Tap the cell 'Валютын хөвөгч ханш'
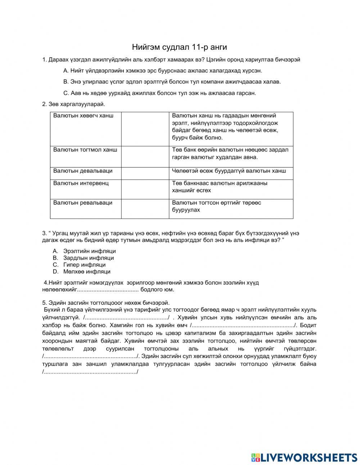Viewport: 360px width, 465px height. [x=84, y=116]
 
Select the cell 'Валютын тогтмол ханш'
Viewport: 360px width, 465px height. [x=85, y=149]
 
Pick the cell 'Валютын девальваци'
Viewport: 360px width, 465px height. [x=83, y=171]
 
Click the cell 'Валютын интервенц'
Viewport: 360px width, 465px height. [x=81, y=183]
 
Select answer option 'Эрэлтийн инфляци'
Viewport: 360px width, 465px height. [x=89, y=251]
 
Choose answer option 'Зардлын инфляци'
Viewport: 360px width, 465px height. [x=89, y=258]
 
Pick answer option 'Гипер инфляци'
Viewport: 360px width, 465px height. [x=84, y=265]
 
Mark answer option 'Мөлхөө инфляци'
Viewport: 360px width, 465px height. [x=87, y=272]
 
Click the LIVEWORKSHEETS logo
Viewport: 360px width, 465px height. [x=304, y=457]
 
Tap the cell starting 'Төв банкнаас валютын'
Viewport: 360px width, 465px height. [x=220, y=187]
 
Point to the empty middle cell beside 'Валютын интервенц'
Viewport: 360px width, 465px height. [x=145, y=189]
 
